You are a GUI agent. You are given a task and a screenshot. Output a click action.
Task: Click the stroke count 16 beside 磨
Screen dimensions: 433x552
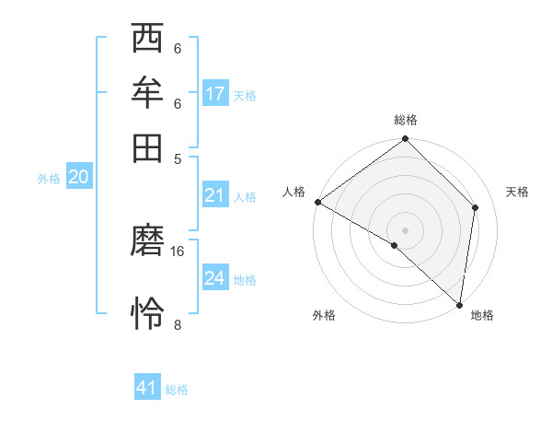click(178, 251)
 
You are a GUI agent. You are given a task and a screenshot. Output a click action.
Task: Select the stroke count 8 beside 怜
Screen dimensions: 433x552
click(178, 324)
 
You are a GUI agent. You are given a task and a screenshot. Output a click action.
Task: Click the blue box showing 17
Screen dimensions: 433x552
click(215, 94)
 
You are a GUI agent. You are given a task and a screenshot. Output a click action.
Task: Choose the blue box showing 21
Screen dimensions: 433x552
click(214, 195)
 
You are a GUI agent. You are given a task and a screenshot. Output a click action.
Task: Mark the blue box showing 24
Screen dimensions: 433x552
click(215, 278)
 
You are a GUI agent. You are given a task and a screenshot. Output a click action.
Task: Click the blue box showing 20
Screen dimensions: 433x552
click(78, 178)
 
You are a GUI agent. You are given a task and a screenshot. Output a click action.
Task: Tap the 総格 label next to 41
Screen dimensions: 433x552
click(177, 390)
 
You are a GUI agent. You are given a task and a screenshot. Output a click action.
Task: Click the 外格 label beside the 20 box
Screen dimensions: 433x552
click(49, 180)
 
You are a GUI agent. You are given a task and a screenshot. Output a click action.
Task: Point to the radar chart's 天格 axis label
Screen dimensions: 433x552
click(517, 192)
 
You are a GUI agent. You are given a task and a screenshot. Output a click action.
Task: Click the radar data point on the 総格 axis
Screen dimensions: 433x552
click(405, 140)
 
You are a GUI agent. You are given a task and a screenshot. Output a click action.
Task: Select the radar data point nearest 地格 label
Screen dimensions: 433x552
click(459, 304)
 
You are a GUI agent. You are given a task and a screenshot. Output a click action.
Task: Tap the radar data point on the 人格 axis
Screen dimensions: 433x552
click(317, 202)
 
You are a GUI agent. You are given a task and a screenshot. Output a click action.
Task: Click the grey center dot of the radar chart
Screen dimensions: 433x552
click(405, 229)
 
